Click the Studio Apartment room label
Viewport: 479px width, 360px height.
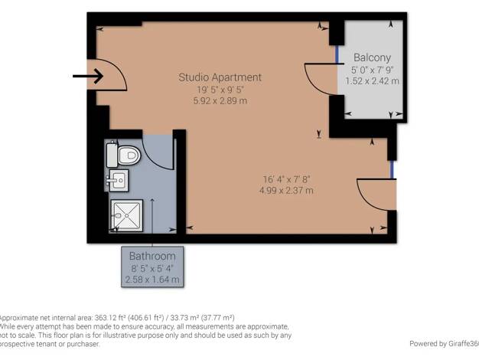(x=220, y=77)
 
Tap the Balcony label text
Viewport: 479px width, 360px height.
(x=372, y=57)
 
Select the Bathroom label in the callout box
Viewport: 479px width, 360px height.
(x=152, y=256)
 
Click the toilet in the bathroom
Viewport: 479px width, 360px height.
(x=124, y=155)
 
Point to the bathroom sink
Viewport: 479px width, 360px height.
(x=117, y=180)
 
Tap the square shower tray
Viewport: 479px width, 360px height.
(x=127, y=215)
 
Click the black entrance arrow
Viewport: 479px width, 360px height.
(x=88, y=76)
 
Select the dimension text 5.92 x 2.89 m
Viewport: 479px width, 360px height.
(x=220, y=100)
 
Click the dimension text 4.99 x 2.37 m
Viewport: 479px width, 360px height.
(x=286, y=190)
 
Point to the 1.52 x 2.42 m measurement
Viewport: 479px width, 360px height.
(x=372, y=81)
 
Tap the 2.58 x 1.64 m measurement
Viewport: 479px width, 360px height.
(x=152, y=280)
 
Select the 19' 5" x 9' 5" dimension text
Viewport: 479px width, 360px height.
(x=220, y=90)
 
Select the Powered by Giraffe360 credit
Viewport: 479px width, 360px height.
(x=444, y=343)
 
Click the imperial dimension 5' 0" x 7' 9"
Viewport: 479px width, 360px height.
(x=372, y=70)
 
